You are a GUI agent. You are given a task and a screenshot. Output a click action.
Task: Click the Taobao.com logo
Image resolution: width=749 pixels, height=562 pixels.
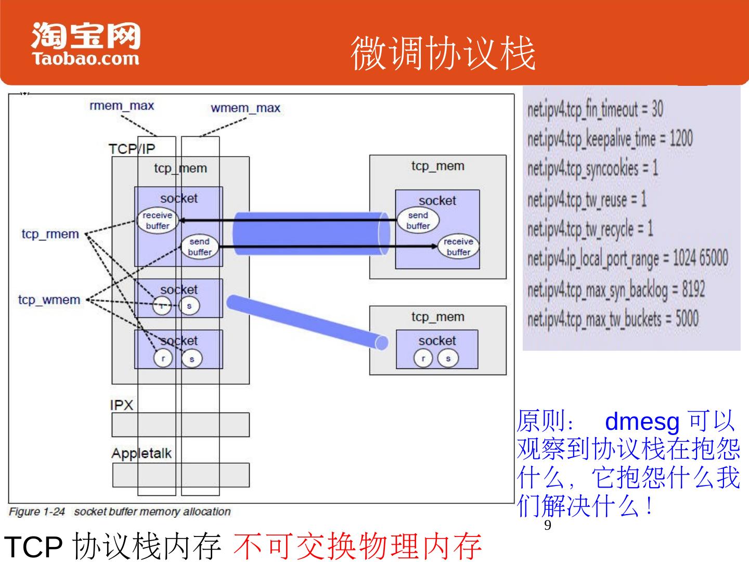[x=86, y=44]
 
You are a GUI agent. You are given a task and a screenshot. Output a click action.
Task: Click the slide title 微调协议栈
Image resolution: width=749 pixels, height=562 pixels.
[x=443, y=54]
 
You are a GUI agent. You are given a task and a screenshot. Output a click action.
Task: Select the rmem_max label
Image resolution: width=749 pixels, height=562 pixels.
[x=122, y=106]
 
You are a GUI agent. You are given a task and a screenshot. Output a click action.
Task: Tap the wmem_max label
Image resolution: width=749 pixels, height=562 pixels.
[x=245, y=108]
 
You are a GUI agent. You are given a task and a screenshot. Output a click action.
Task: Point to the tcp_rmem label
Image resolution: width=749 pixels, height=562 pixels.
[x=50, y=234]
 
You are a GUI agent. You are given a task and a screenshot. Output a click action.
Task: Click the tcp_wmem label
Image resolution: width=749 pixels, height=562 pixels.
[x=49, y=300]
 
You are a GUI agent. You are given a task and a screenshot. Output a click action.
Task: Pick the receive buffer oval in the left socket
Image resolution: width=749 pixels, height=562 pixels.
[x=157, y=221]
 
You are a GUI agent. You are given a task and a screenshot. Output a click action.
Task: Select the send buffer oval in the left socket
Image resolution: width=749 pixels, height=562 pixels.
[x=199, y=247]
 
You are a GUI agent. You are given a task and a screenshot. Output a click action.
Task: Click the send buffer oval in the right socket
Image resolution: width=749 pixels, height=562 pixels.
[x=418, y=221]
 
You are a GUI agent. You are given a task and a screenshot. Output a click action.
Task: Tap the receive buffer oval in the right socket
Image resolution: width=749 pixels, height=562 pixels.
[x=458, y=247]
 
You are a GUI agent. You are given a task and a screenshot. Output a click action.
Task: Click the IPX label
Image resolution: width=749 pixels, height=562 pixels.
[x=122, y=405]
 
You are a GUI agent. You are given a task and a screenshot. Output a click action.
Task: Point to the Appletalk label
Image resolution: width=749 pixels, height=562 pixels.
[x=141, y=453]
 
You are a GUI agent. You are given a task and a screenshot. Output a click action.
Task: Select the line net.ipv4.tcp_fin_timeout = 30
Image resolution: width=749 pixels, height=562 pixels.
[x=595, y=109]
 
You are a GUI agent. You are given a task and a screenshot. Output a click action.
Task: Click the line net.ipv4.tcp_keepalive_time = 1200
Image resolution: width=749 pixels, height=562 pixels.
[x=610, y=139]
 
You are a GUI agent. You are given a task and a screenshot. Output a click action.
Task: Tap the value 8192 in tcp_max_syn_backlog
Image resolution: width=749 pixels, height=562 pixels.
[x=693, y=289]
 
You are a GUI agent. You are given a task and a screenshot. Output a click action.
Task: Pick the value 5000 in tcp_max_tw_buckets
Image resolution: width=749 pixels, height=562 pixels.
[x=687, y=318]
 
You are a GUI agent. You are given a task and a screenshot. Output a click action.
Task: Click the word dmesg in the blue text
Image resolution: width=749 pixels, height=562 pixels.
[x=642, y=421]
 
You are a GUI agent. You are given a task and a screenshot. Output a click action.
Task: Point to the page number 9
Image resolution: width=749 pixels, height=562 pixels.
[x=547, y=525]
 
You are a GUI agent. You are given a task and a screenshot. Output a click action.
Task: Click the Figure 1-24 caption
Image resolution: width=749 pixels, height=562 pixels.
[x=120, y=512]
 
